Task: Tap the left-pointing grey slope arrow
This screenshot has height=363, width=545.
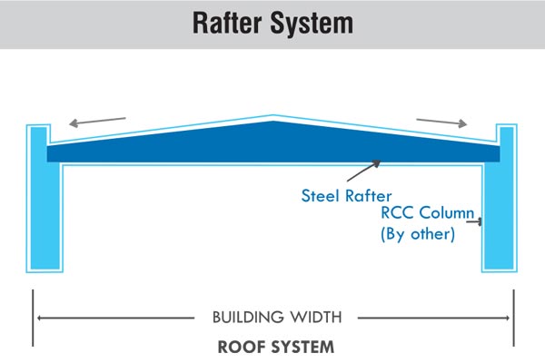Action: coord(99,123)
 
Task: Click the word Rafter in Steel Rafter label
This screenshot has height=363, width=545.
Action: coord(369,194)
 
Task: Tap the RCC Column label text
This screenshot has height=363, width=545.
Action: coord(426,215)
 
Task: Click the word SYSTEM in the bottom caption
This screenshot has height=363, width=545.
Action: coord(304,346)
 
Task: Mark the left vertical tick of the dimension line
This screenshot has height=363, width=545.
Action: coord(33,317)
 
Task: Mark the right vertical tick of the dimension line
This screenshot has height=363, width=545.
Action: coord(514,317)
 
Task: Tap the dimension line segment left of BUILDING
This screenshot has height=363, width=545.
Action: coord(118,318)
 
